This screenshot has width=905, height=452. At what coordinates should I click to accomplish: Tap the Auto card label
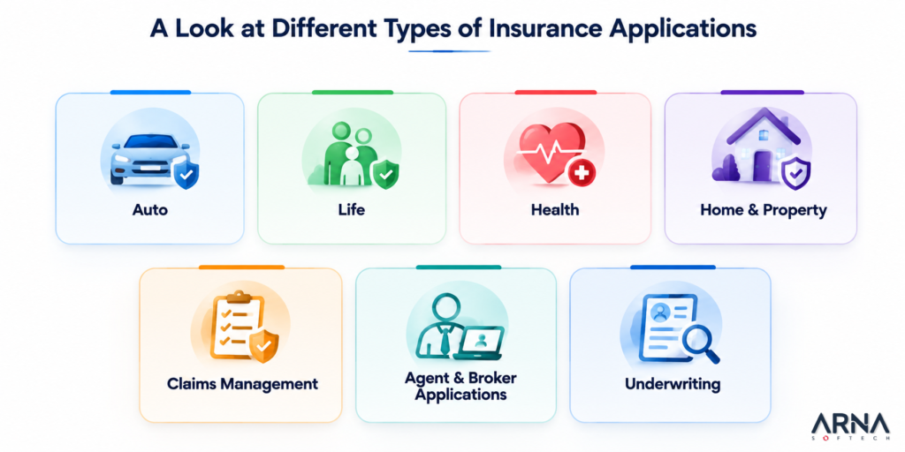point(150,209)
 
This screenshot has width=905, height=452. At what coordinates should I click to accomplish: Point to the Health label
point(555,209)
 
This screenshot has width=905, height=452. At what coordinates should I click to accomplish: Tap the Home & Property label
point(763,210)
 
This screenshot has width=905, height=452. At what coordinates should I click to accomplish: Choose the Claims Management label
point(242,383)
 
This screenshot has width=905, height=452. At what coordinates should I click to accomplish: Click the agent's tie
point(445,339)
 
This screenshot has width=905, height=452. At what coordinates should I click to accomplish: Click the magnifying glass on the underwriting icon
point(699,345)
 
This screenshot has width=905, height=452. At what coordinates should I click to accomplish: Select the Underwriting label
point(673,383)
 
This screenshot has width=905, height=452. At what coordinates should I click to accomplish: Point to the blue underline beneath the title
point(449,51)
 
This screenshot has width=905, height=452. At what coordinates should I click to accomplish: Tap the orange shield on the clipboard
point(263,347)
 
